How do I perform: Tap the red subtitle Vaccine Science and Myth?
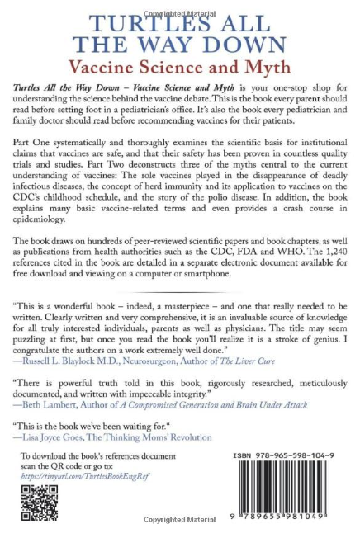180,63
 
